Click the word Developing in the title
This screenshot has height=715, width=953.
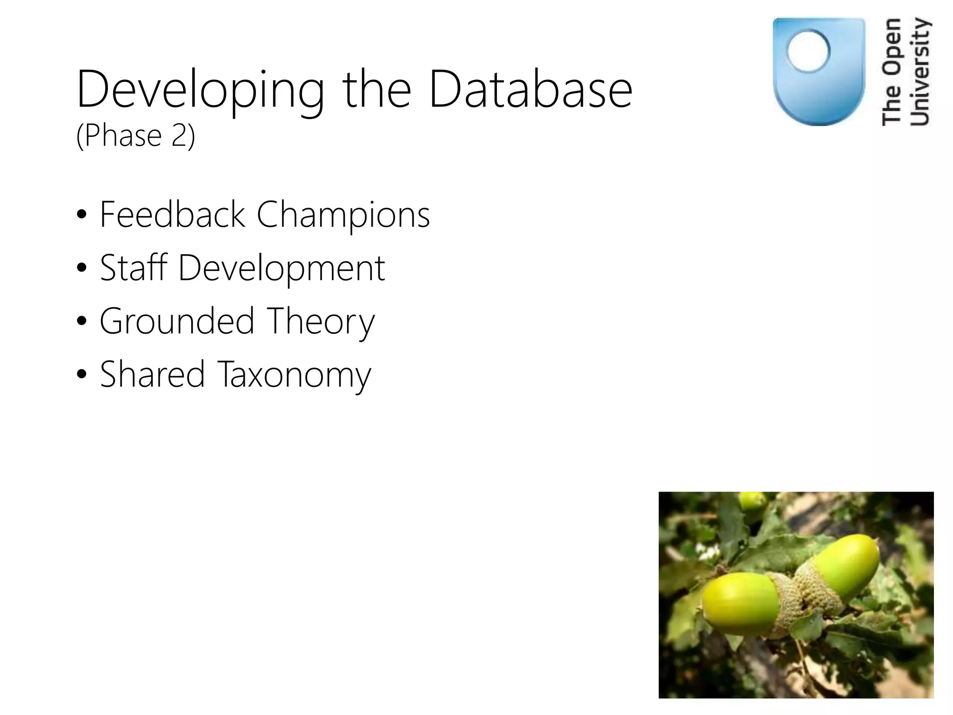pyautogui.click(x=200, y=89)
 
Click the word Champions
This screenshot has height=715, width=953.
pyautogui.click(x=343, y=215)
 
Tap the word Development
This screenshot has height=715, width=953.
pyautogui.click(x=282, y=269)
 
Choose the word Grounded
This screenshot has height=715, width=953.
pyautogui.click(x=177, y=321)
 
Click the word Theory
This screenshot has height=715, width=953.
pyautogui.click(x=321, y=322)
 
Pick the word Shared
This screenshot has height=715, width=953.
pyautogui.click(x=152, y=374)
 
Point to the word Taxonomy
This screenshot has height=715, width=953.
pyautogui.click(x=294, y=375)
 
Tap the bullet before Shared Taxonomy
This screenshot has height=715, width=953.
pyautogui.click(x=82, y=375)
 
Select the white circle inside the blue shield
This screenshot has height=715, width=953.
pyautogui.click(x=808, y=51)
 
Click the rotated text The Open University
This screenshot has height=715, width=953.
pyautogui.click(x=906, y=72)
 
